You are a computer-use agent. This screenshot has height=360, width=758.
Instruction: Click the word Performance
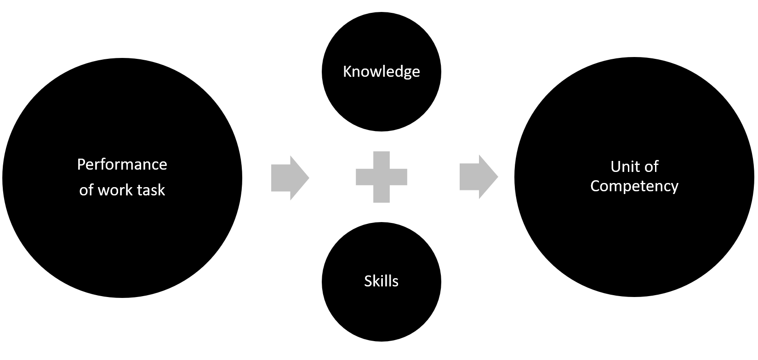(122, 164)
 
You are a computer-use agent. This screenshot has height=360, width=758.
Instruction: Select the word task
(149, 190)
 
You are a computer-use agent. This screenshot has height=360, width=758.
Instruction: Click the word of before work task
(85, 190)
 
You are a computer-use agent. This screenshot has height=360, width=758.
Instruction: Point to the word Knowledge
(381, 72)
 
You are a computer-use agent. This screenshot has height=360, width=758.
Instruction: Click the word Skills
(381, 281)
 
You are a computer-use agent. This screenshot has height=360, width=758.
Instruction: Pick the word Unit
(622, 166)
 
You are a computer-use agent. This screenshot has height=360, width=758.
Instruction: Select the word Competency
(634, 186)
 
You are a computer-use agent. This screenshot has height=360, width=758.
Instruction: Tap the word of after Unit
(651, 166)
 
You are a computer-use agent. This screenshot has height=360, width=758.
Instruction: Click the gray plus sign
(381, 177)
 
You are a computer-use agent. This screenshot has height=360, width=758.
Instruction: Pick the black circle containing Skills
(381, 313)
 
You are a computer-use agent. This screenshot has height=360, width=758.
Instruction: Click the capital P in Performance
(81, 164)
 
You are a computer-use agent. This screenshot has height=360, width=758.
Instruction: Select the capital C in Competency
(595, 186)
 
